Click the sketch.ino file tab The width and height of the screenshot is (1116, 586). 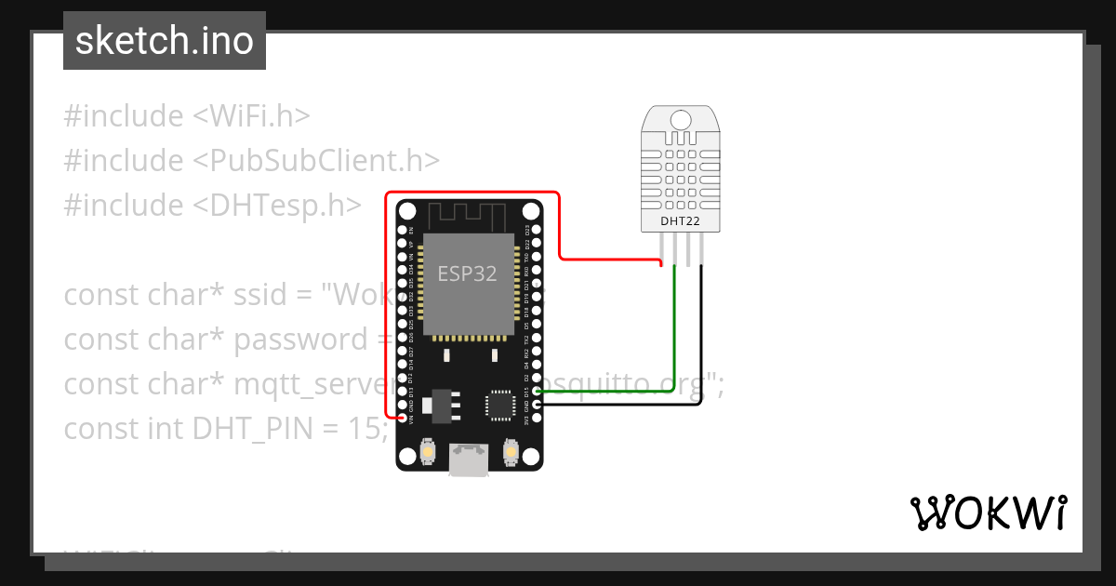click(x=165, y=41)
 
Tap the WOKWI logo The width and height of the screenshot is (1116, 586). click(x=987, y=513)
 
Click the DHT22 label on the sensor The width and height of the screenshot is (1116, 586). click(x=681, y=220)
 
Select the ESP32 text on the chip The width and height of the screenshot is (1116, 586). click(x=467, y=273)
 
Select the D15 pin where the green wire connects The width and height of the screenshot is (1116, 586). click(x=536, y=392)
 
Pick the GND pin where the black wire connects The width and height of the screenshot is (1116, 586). click(x=536, y=406)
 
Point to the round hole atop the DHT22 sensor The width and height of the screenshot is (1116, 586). click(x=681, y=119)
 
